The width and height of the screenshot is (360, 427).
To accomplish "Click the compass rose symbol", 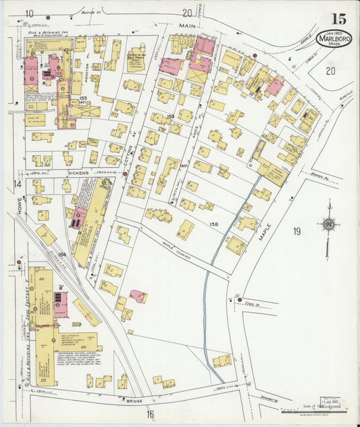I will (329, 224).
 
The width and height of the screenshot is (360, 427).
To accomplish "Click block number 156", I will (62, 254).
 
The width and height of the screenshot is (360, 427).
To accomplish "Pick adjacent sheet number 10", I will (30, 13).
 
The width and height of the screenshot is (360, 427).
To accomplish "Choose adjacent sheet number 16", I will (150, 414).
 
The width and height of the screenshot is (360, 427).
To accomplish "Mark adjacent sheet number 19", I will (296, 232).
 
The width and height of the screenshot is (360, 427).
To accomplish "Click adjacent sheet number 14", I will (18, 184).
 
